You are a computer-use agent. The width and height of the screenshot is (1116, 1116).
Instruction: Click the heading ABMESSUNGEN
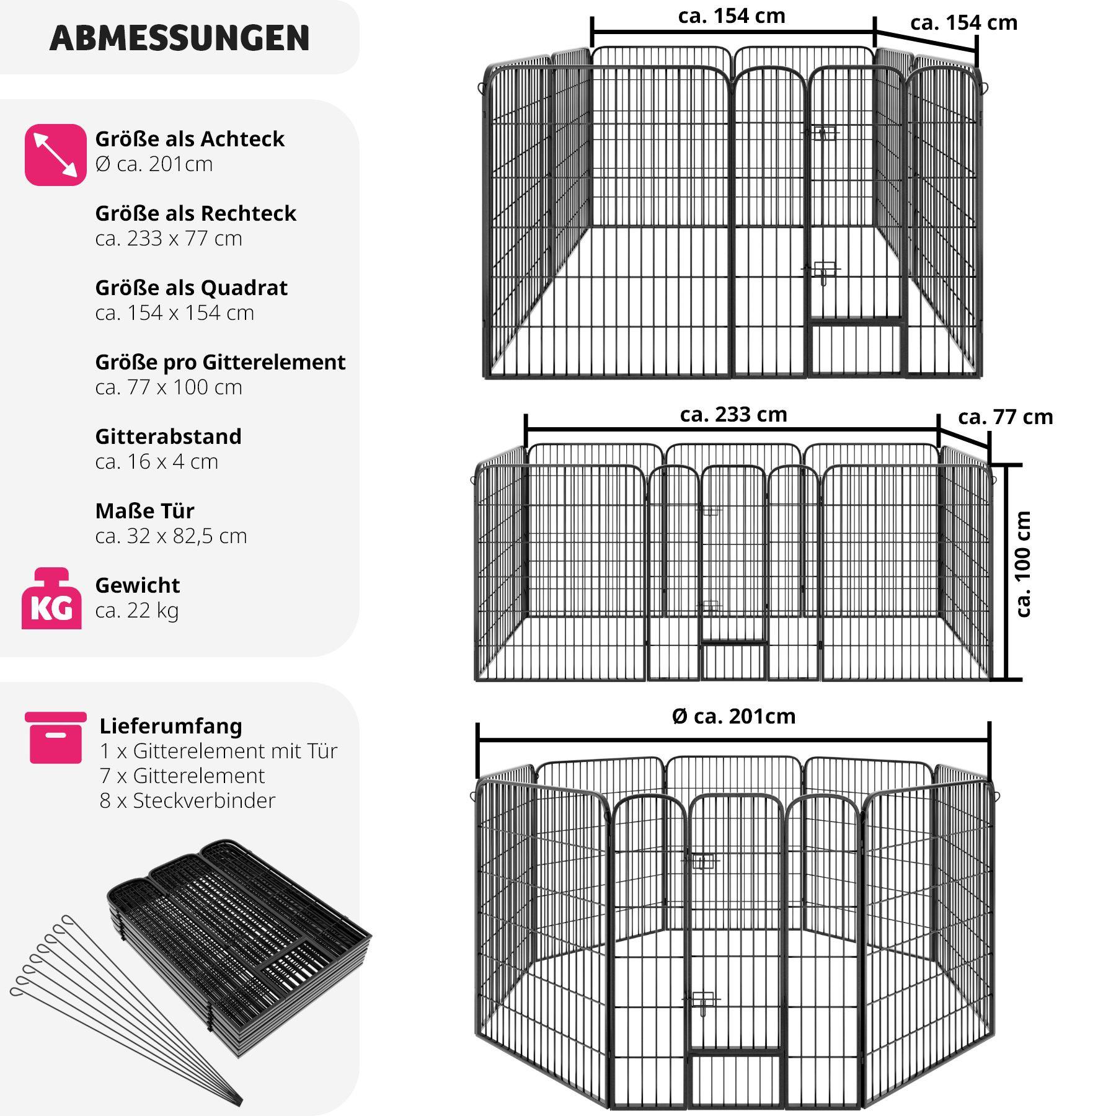pos(179,38)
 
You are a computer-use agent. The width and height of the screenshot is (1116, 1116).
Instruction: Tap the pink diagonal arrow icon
pos(56,154)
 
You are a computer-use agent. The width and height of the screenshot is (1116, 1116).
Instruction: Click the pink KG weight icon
pos(51,598)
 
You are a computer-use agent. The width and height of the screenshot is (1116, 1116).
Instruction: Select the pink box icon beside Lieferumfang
pos(56,737)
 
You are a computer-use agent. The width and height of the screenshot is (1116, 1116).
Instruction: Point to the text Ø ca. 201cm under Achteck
pos(154,164)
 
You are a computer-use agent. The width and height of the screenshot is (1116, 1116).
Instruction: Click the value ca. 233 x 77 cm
pos(169,239)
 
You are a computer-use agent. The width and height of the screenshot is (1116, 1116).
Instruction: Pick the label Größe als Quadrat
pos(192,288)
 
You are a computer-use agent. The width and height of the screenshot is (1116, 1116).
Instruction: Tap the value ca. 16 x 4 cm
pos(157,462)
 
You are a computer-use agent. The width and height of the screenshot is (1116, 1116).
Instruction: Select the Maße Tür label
pos(144,511)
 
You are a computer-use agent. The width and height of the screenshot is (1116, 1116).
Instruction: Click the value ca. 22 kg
pos(137,611)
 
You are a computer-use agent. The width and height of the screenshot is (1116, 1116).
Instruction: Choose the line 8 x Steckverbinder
pos(187,800)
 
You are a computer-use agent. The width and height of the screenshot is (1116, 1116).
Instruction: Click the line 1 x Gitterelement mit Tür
pos(218,751)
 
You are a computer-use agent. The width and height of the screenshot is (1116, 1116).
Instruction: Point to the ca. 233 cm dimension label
pos(733,414)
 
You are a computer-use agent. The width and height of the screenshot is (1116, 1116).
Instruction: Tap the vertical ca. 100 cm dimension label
pos(1023,564)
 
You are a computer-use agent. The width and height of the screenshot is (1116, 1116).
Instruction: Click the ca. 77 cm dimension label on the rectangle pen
pos(1006,417)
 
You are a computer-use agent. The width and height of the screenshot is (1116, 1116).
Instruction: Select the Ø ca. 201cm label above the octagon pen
pos(733,716)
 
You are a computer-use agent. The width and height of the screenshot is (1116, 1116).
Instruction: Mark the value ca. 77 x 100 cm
pos(169,387)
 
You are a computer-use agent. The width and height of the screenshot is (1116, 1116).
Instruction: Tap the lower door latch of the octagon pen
pos(702,1001)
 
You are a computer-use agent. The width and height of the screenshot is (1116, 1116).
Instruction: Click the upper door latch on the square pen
pos(821,132)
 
